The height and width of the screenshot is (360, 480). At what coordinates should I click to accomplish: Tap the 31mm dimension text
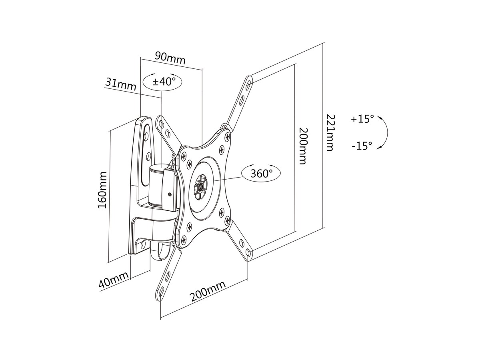tap(120, 84)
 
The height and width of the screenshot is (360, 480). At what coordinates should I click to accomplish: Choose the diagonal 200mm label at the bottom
tap(207, 291)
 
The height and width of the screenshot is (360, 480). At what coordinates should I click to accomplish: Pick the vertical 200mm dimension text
tap(303, 146)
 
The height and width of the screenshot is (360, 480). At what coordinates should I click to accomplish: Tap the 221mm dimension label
tap(329, 132)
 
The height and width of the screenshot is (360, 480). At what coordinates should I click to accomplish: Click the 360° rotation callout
tap(261, 174)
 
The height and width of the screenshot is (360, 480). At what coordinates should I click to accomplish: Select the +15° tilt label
tap(362, 119)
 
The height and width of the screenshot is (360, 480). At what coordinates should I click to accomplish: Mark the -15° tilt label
tap(362, 146)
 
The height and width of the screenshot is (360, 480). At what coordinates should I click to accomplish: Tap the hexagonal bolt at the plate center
tap(200, 186)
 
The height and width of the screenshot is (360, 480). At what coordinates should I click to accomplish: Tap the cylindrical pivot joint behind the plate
tap(156, 184)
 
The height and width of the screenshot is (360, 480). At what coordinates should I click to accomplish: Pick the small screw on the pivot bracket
tap(170, 195)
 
